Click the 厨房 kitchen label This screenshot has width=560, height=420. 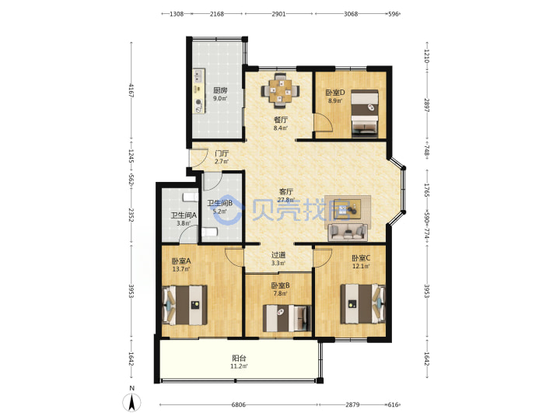coord(220,90)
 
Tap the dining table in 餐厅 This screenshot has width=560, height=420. coord(280,91)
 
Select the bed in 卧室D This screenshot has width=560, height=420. coord(365,113)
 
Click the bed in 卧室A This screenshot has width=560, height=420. coord(184,305)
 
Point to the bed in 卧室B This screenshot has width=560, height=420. coord(287,318)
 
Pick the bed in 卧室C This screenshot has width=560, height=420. coord(362,303)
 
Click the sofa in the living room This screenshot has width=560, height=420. coord(348,233)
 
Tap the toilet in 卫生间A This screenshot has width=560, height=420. coord(191,197)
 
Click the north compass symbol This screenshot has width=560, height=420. coord(131,402)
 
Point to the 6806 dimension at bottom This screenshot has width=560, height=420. coord(239,404)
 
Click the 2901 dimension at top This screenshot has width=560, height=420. coord(278,14)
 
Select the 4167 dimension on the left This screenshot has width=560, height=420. coord(131,91)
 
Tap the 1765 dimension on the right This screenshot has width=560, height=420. coord(426,190)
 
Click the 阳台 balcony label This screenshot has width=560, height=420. coord(239,359)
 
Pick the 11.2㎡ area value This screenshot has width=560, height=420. coord(239,366)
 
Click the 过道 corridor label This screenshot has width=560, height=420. coord(278,255)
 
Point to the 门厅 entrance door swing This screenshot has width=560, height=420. coord(198,158)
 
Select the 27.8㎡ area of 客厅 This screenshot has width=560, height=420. coord(286,200)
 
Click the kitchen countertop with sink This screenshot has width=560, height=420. coord(199,91)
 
